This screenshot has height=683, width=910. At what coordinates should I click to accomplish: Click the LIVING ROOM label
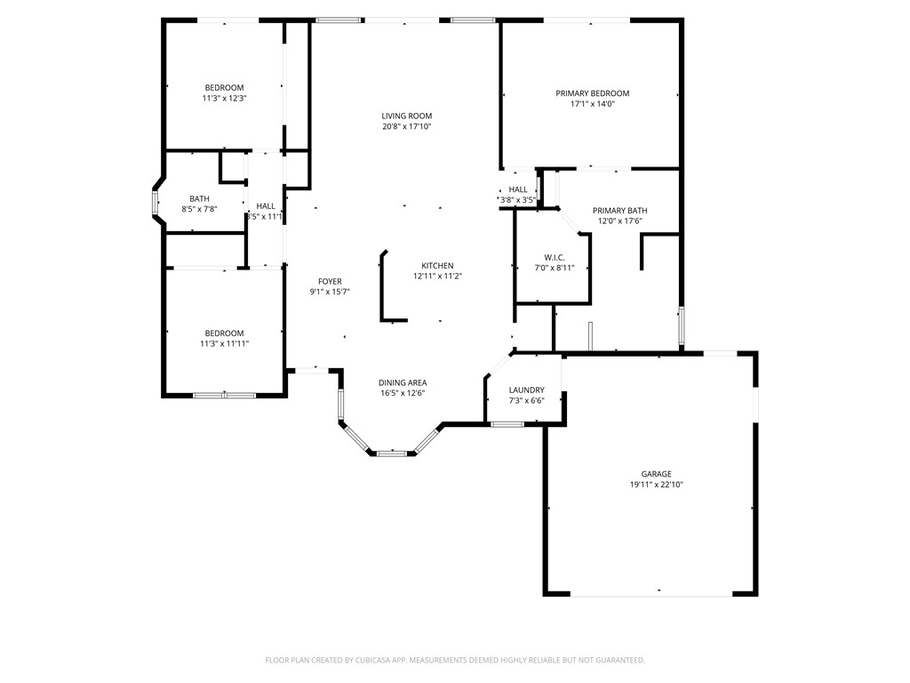406,116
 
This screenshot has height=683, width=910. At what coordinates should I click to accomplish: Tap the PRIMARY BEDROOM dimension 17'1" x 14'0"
592,104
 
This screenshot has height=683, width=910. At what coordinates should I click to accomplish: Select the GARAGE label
657,474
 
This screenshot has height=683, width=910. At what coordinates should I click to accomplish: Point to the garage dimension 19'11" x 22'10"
657,485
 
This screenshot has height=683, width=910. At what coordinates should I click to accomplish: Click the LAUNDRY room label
526,390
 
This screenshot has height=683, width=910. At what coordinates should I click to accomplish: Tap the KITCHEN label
437,266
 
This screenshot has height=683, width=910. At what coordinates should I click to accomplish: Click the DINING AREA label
403,382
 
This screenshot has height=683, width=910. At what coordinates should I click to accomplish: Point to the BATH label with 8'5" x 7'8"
199,198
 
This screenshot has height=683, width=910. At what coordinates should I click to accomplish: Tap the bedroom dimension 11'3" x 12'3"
224,98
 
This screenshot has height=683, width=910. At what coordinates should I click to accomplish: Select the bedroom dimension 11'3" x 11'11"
224,342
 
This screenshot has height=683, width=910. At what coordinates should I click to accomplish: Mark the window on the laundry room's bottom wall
507,424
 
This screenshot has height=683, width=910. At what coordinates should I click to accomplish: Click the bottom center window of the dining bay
392,454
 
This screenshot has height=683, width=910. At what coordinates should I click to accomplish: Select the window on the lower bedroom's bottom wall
224,395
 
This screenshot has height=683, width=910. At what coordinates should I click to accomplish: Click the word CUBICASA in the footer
363,660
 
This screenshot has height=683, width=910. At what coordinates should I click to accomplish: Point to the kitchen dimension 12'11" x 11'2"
437,277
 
